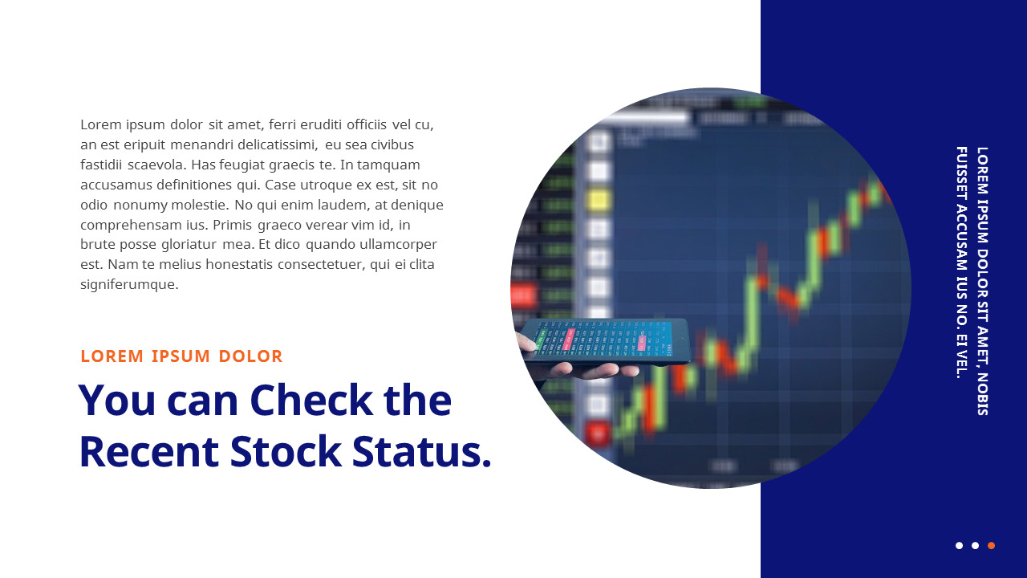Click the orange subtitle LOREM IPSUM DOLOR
[x=181, y=356]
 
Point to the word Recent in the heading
[x=148, y=451]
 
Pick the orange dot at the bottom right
[x=991, y=546]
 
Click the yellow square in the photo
[x=598, y=199]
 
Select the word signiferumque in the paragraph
[x=128, y=284]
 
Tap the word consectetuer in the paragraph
[x=325, y=264]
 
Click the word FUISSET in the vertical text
[x=961, y=173]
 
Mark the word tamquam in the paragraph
[x=389, y=165]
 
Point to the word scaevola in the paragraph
[x=155, y=165]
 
